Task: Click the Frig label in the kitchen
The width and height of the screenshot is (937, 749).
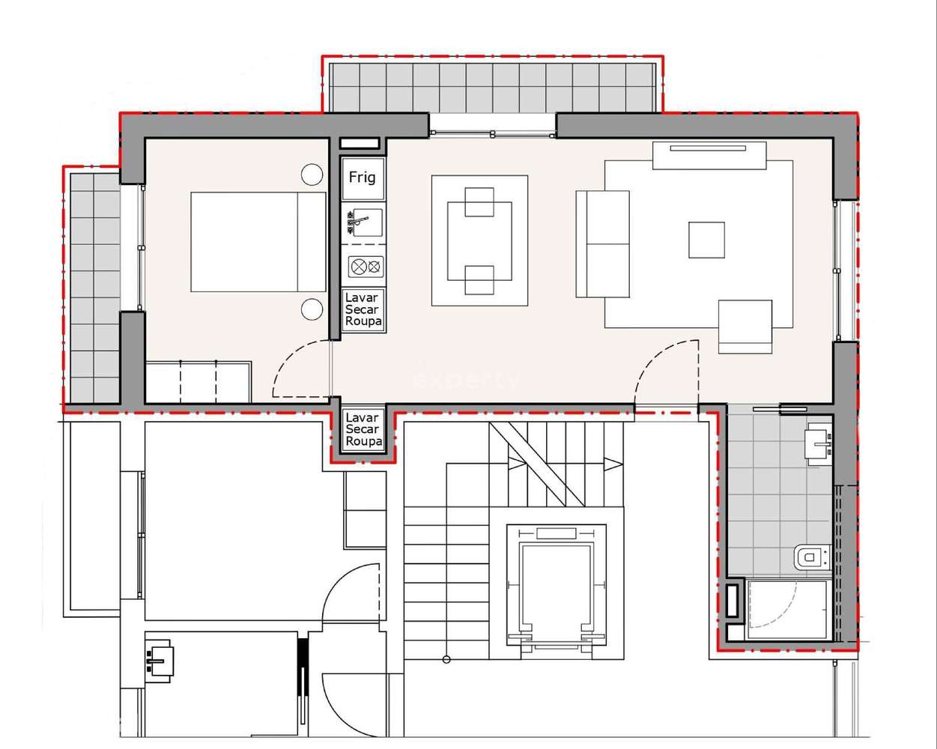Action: pyautogui.click(x=363, y=178)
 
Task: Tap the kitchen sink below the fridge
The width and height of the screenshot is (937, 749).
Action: pyautogui.click(x=364, y=222)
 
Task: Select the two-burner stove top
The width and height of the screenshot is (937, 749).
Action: pyautogui.click(x=366, y=266)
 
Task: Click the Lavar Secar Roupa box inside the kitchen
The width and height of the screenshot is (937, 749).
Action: pyautogui.click(x=363, y=309)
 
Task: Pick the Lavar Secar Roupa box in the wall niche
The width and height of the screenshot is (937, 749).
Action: pyautogui.click(x=363, y=430)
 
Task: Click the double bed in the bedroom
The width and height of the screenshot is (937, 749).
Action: pyautogui.click(x=258, y=242)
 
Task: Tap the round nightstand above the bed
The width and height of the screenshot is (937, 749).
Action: pyautogui.click(x=312, y=175)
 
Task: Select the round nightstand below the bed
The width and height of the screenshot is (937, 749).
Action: pyautogui.click(x=312, y=309)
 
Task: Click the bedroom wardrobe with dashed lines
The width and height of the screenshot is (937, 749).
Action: pyautogui.click(x=198, y=382)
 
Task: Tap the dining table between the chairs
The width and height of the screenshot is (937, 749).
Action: pyautogui.click(x=479, y=240)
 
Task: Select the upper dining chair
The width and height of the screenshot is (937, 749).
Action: pyautogui.click(x=479, y=201)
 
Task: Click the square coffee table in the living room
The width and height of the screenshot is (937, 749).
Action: pyautogui.click(x=706, y=240)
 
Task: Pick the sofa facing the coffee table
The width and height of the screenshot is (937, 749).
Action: pyautogui.click(x=601, y=243)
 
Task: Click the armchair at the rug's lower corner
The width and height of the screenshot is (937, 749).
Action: pyautogui.click(x=745, y=326)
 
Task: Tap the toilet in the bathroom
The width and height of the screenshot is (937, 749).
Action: pyautogui.click(x=809, y=557)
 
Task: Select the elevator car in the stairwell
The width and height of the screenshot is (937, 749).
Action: pyautogui.click(x=558, y=592)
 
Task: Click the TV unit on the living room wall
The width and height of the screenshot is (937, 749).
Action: pyautogui.click(x=709, y=155)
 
